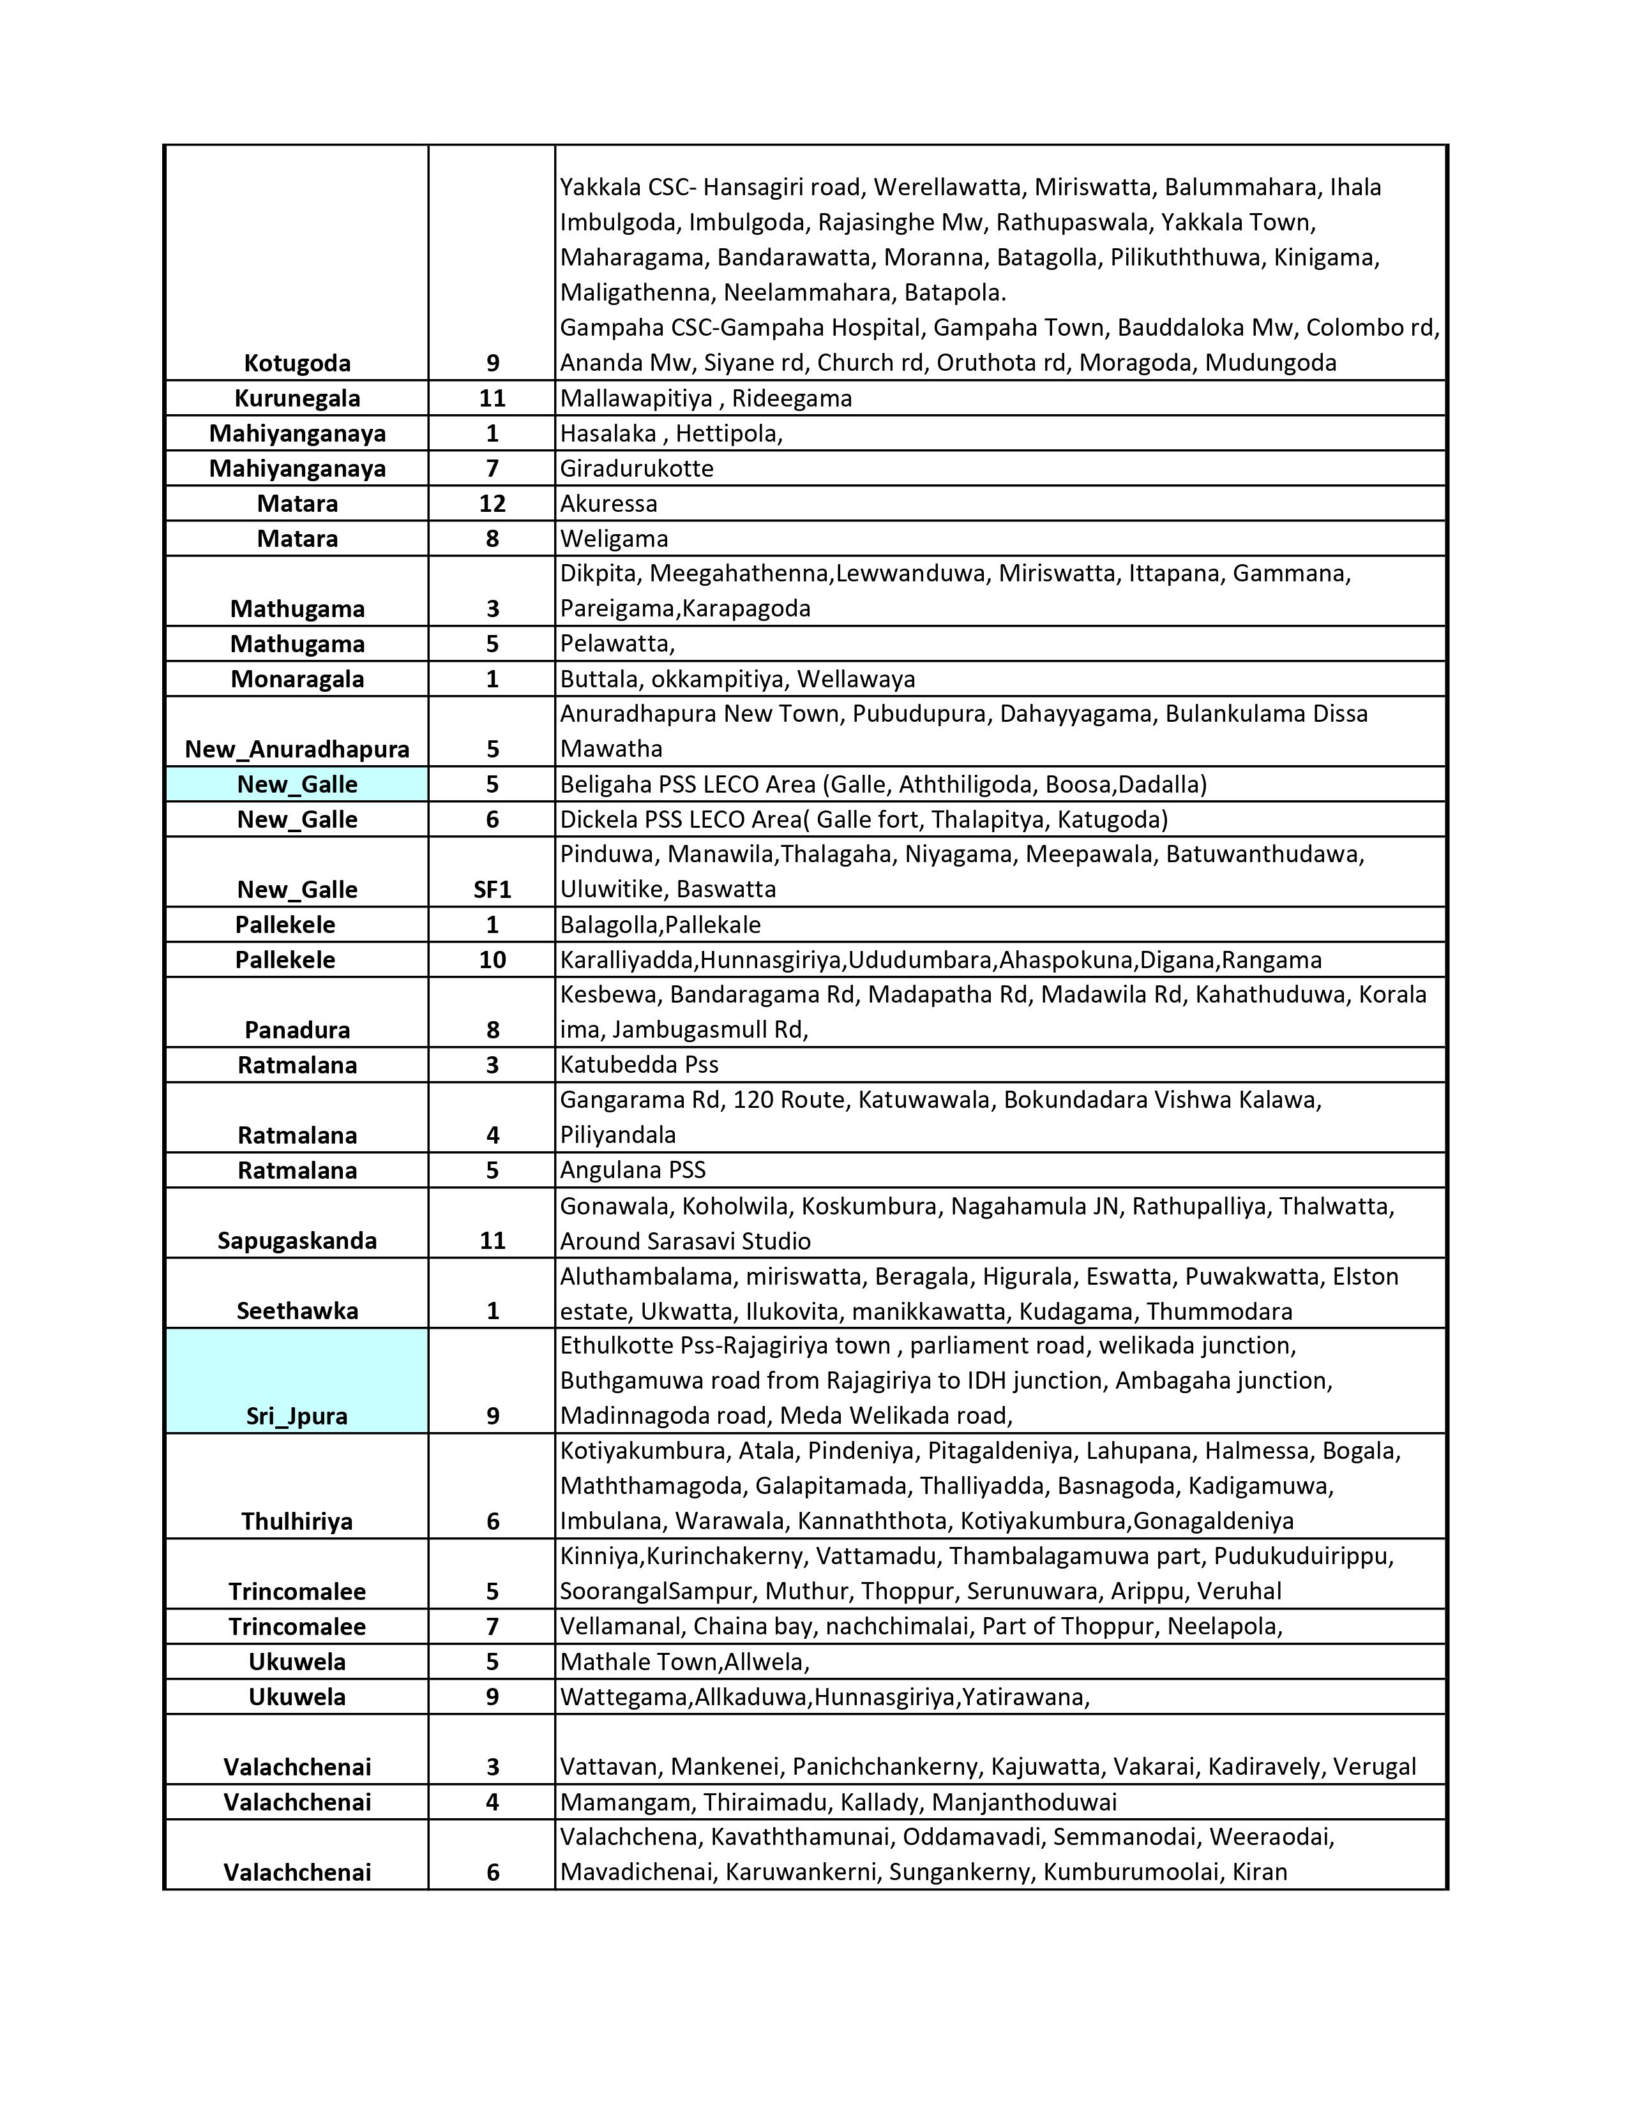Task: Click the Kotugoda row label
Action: click(x=297, y=364)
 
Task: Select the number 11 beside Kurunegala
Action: click(x=492, y=398)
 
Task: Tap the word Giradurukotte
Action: click(x=637, y=468)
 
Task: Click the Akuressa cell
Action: click(x=608, y=504)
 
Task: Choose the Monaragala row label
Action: click(x=297, y=679)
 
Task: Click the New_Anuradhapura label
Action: click(x=297, y=749)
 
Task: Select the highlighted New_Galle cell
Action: click(x=297, y=784)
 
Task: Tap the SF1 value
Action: click(x=492, y=889)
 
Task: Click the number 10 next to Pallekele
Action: click(x=492, y=959)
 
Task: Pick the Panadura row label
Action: click(x=297, y=1030)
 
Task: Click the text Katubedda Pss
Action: click(x=640, y=1064)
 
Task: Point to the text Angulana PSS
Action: click(x=633, y=1170)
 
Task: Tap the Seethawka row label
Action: click(x=297, y=1310)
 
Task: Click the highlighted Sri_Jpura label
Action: click(x=297, y=1415)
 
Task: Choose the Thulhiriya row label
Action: click(x=297, y=1521)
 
